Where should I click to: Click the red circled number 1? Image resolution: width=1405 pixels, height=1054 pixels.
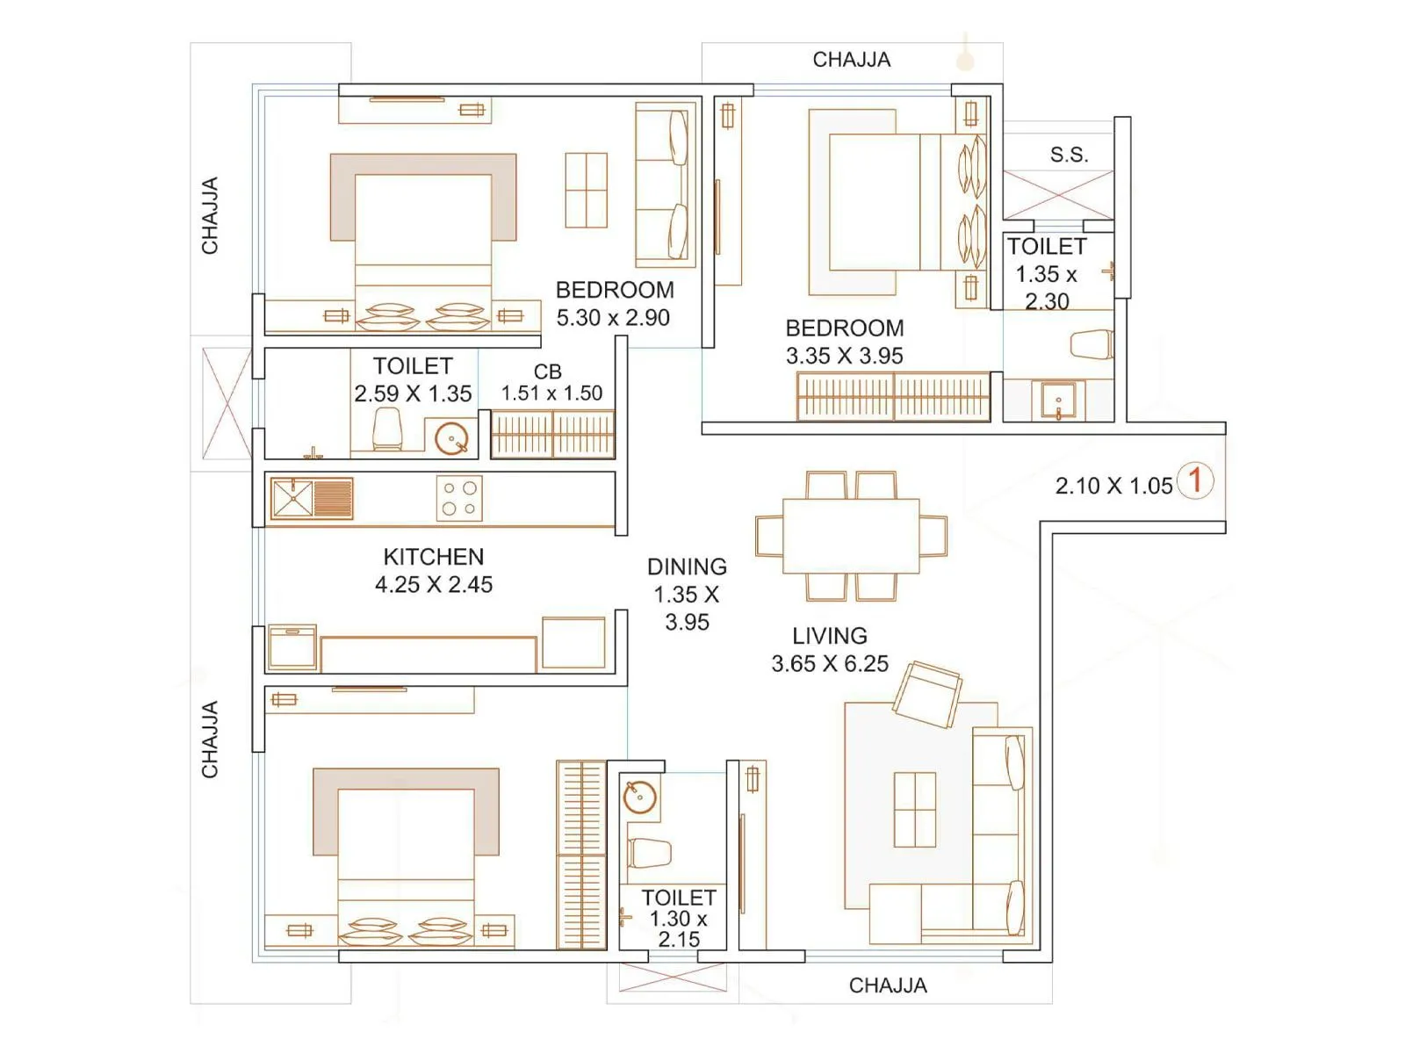click(1194, 480)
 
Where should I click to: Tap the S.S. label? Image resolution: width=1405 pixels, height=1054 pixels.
click(1069, 155)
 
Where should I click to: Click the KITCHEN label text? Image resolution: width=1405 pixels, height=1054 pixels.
click(433, 557)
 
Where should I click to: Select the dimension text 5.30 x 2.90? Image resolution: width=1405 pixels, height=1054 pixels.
click(613, 318)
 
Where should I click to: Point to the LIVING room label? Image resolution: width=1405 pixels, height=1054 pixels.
click(829, 636)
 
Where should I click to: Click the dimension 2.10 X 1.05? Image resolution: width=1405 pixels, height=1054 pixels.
click(1113, 486)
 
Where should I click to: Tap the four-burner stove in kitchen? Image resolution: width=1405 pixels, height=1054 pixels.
click(459, 498)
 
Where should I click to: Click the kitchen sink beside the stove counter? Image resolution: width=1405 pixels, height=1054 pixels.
click(311, 498)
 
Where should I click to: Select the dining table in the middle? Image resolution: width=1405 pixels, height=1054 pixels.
click(851, 536)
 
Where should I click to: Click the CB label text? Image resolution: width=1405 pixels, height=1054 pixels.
click(547, 372)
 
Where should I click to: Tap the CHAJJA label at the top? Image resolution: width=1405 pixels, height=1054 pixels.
click(851, 60)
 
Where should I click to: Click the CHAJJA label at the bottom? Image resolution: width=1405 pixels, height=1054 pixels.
click(887, 985)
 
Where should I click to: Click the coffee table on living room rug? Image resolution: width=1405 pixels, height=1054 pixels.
click(914, 810)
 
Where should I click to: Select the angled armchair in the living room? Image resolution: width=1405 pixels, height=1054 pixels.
click(927, 693)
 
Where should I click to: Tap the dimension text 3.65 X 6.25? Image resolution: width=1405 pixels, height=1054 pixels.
click(829, 664)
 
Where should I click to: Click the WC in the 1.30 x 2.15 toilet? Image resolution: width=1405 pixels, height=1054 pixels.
click(649, 853)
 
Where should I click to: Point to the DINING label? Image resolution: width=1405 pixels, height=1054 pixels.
click(687, 567)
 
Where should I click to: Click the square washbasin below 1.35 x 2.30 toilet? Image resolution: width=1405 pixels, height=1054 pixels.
click(1058, 401)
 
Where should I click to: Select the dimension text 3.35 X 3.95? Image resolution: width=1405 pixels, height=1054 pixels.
click(844, 357)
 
